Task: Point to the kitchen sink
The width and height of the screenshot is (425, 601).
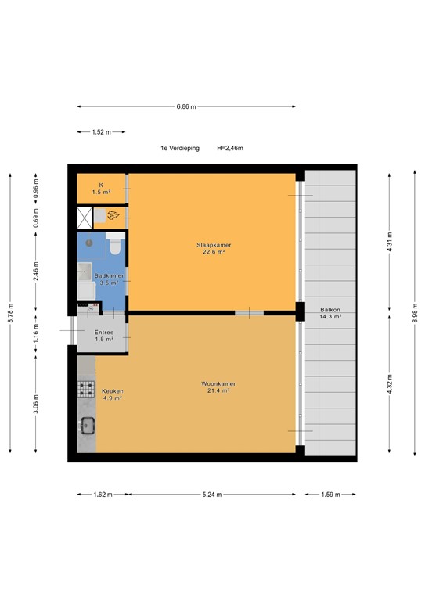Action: point(86,426)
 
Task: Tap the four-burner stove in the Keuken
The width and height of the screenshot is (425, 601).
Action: point(86,389)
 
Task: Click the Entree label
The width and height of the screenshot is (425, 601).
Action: point(104,335)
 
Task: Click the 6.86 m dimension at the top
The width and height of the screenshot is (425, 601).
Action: point(186,106)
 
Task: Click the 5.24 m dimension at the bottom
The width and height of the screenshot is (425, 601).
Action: point(211,495)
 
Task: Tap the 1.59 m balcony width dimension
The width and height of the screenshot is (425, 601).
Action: point(330,495)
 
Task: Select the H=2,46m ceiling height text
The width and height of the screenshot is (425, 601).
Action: point(230,148)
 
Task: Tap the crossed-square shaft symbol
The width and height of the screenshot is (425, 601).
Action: point(85,216)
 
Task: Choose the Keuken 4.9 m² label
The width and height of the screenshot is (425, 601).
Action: point(112,394)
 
